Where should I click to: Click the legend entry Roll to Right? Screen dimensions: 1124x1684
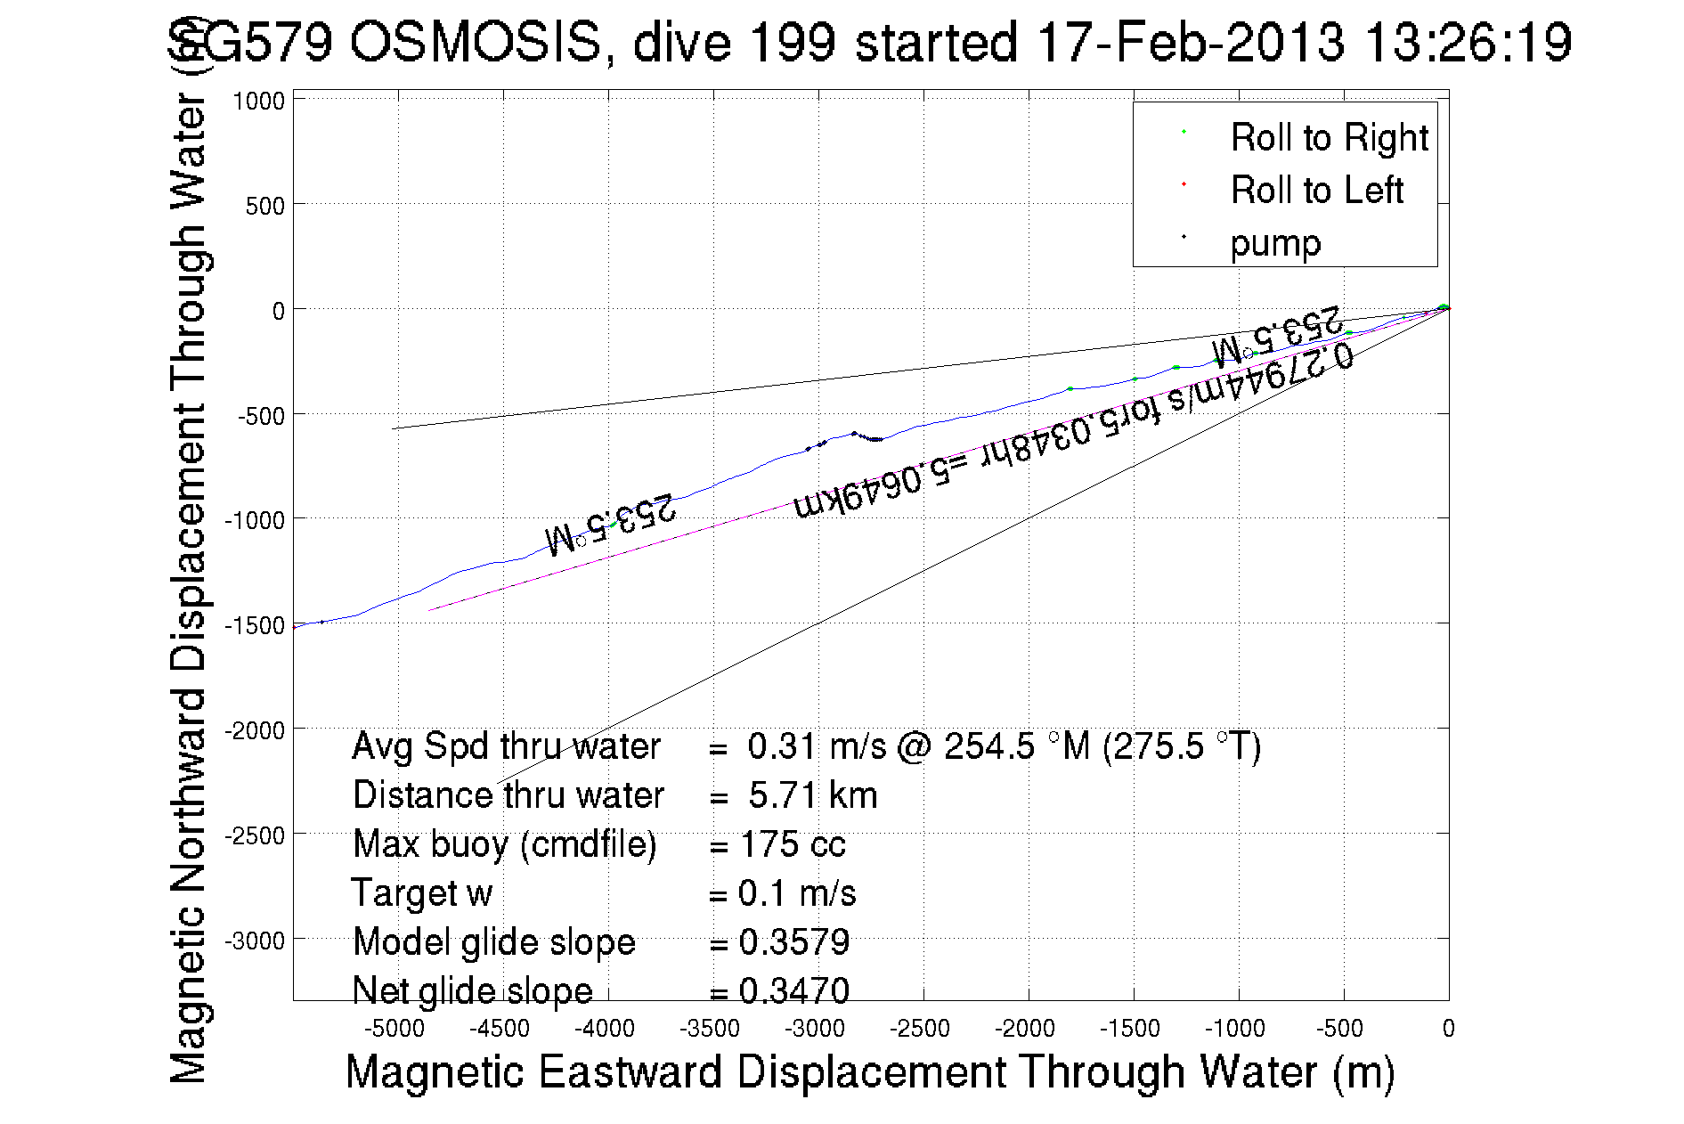[x=1328, y=138]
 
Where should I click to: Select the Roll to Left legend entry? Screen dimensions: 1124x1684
[x=1316, y=191]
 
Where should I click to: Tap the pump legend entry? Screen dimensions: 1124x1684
[x=1275, y=243]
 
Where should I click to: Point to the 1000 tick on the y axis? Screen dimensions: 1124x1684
[x=258, y=102]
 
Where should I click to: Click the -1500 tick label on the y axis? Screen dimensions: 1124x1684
[x=255, y=625]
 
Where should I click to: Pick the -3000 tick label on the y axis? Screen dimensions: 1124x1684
[x=255, y=941]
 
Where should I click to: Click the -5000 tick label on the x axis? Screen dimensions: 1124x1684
[x=395, y=1029]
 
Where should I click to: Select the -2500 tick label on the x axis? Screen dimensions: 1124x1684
[x=921, y=1029]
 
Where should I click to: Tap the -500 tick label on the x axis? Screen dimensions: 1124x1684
[x=1341, y=1029]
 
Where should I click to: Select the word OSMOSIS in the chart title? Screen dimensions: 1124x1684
[x=476, y=42]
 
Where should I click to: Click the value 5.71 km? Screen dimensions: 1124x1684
[x=812, y=795]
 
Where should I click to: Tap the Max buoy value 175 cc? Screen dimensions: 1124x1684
[x=793, y=844]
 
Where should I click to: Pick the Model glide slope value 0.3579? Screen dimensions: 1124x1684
[x=794, y=942]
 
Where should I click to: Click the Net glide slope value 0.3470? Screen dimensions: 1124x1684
[x=794, y=990]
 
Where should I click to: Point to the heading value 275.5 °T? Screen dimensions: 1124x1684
[x=1181, y=746]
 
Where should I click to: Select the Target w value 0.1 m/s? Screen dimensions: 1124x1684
[x=797, y=893]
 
